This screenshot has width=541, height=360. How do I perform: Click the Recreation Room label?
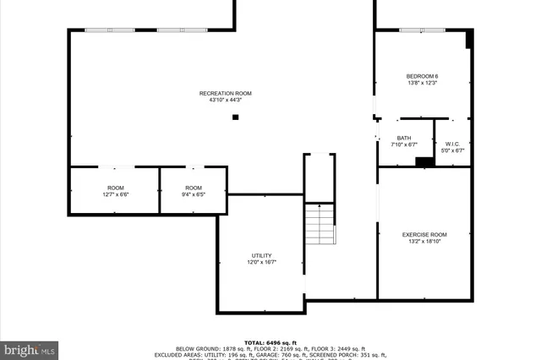(225, 93)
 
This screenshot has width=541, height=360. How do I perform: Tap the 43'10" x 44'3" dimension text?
(225, 101)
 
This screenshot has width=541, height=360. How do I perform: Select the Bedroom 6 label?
(423, 76)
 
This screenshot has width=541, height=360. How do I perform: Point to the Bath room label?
(404, 138)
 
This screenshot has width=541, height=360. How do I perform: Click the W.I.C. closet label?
(455, 144)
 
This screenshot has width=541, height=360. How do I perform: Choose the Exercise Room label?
(424, 234)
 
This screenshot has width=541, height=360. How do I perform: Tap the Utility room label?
(261, 255)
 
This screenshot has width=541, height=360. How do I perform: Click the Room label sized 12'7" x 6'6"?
(116, 188)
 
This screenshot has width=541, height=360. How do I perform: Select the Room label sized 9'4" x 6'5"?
(194, 188)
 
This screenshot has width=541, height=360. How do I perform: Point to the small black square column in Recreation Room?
(236, 117)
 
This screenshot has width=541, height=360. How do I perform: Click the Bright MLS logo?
(30, 348)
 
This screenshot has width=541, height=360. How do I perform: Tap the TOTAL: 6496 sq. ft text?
(270, 341)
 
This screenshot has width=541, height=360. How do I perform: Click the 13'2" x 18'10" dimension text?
(424, 242)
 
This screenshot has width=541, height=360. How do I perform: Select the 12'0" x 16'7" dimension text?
(261, 263)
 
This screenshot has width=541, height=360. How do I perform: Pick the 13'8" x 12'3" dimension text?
(423, 84)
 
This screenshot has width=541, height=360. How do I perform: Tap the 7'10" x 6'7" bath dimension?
(404, 145)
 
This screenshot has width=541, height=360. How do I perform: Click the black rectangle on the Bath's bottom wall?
(425, 161)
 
